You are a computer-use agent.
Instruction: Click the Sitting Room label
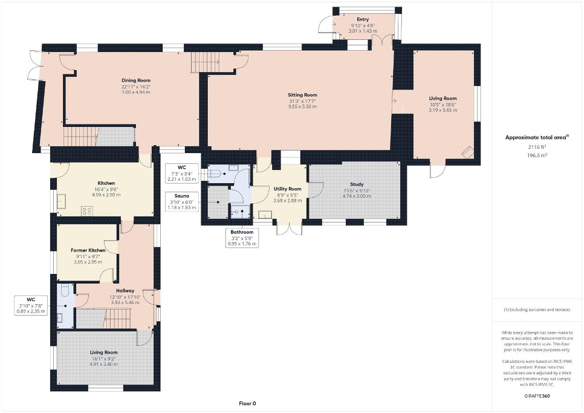302,95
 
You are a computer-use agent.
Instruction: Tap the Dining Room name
136,80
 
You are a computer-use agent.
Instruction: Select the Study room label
357,184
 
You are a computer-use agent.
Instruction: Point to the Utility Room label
288,189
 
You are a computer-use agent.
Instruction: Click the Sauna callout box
182,201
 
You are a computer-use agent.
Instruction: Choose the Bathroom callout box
242,238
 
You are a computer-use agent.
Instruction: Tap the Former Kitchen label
88,250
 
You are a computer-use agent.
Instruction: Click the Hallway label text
125,291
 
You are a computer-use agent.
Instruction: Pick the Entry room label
363,19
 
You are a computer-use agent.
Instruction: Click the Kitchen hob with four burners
87,211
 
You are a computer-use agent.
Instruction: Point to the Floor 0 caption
248,403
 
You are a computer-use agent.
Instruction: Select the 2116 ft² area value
537,147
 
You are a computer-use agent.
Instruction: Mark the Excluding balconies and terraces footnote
537,310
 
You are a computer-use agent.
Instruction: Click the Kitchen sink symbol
61,201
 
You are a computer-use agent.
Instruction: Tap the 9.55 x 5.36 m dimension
302,106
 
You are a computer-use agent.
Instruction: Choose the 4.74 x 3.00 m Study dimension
357,196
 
